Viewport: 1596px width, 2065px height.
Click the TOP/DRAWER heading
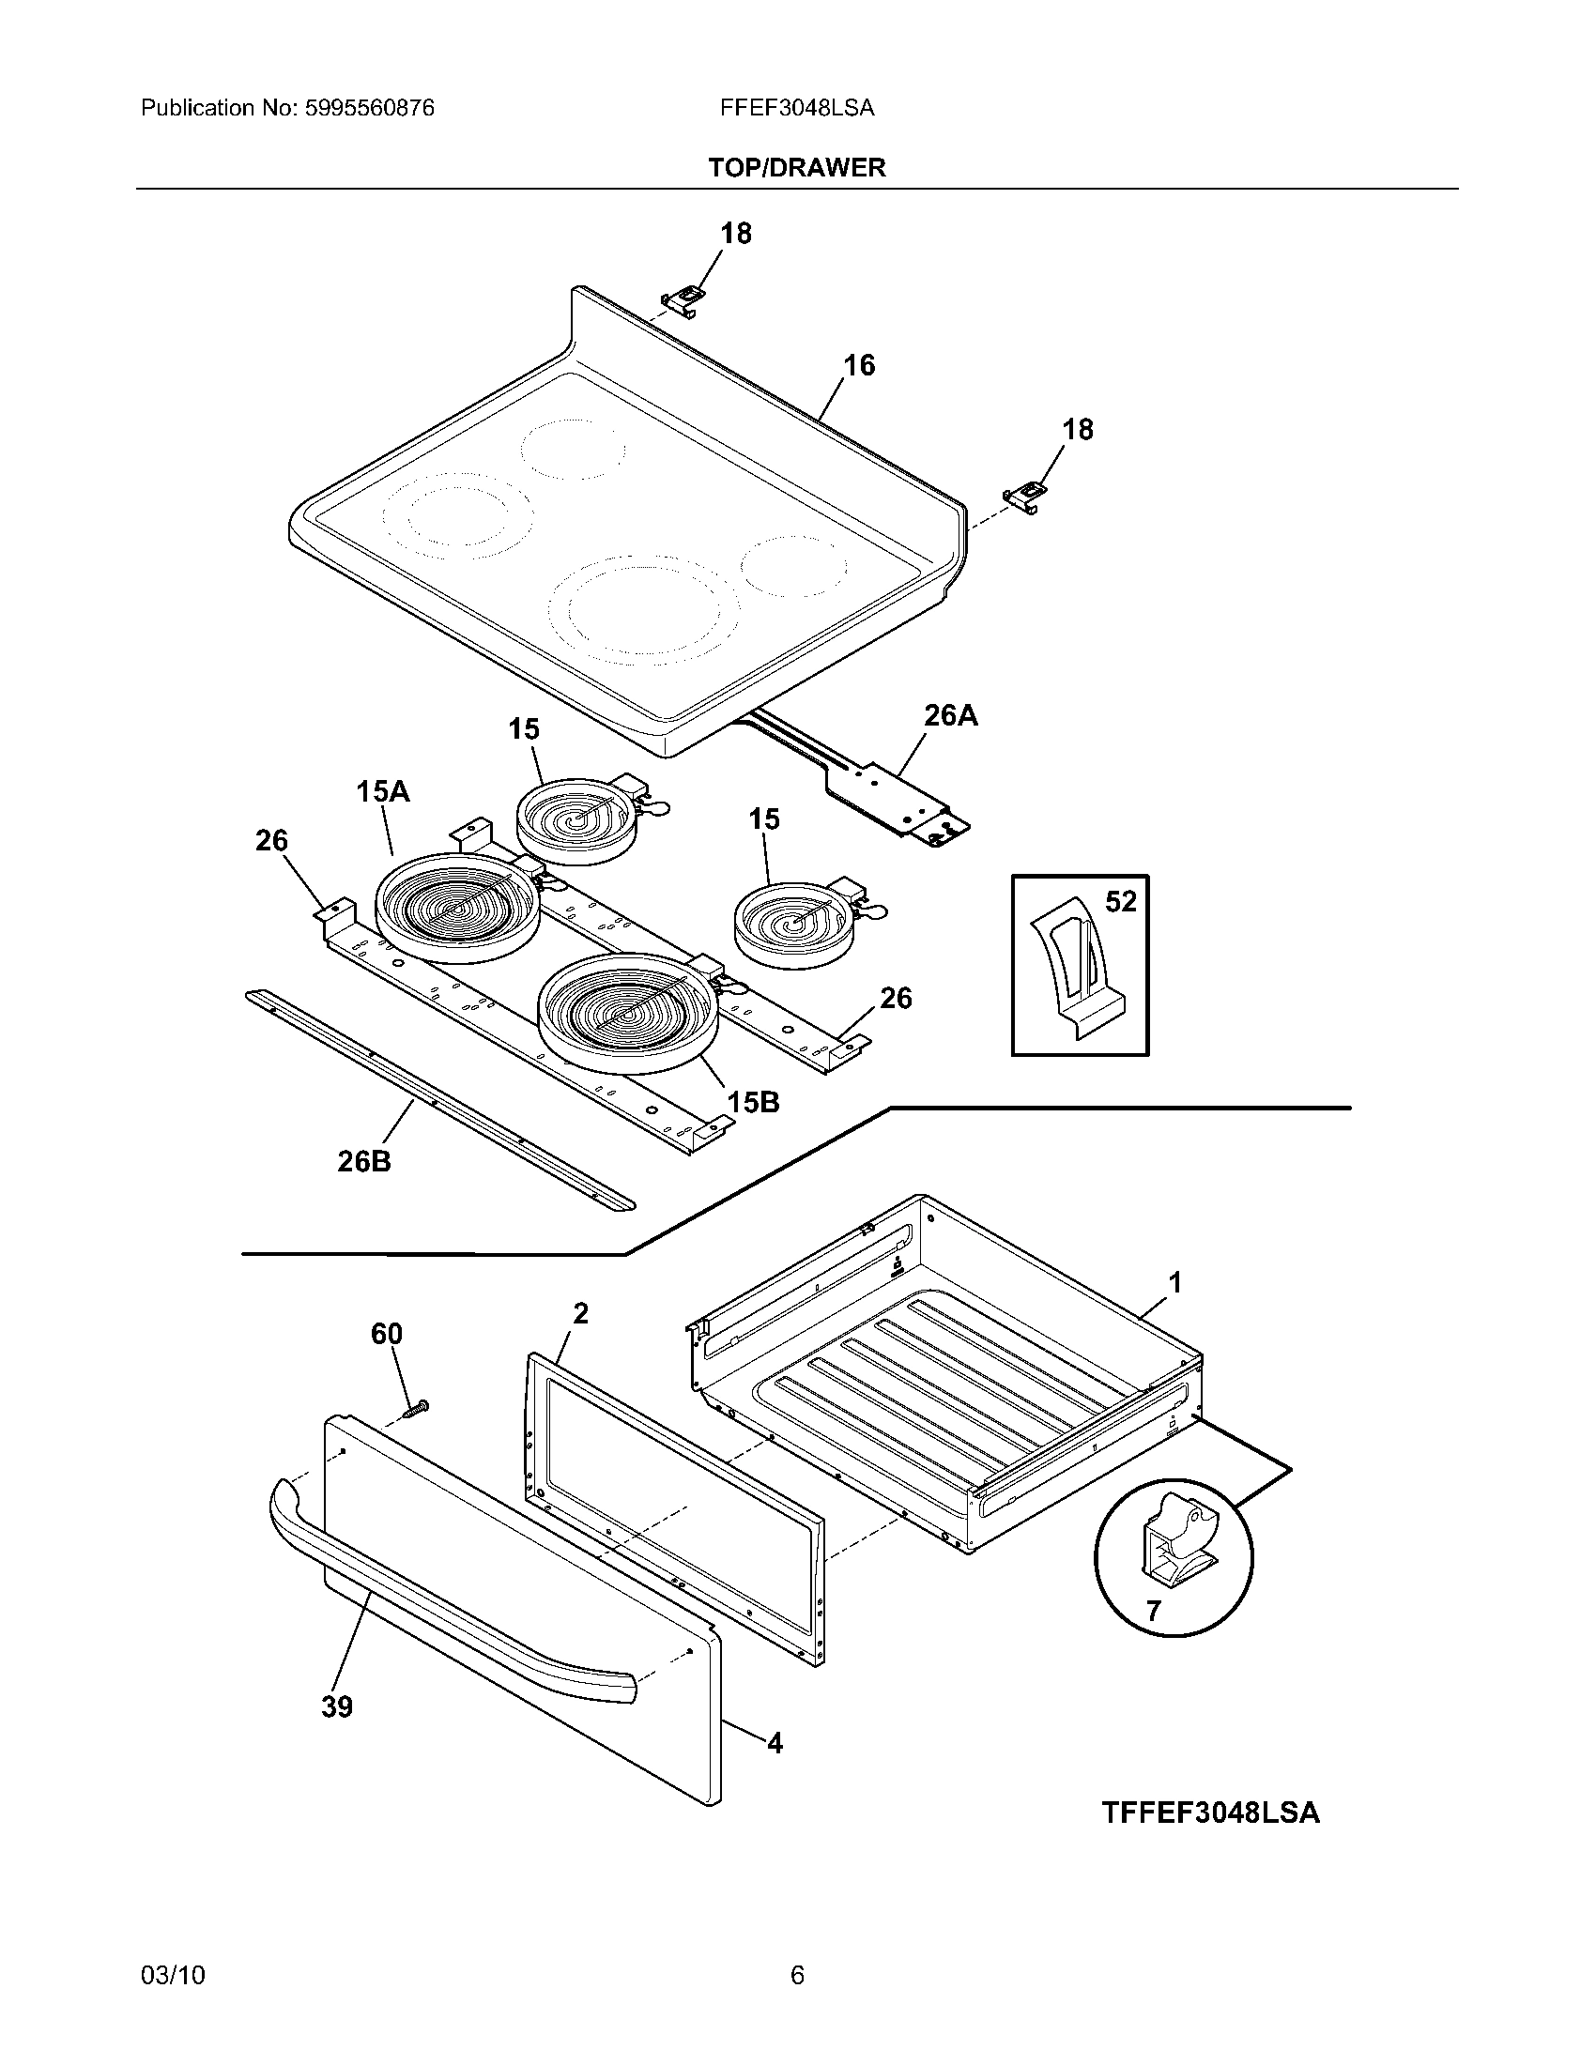pos(796,167)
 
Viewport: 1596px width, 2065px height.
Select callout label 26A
pos(950,716)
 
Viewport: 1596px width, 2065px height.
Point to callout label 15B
pos(753,1102)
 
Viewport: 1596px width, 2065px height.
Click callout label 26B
pos(364,1160)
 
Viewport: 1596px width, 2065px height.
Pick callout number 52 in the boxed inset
pos(1120,902)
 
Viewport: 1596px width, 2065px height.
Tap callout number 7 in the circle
pos(1153,1610)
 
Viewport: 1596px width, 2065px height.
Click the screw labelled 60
pos(415,1410)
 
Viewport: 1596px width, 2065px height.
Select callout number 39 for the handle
pos(337,1706)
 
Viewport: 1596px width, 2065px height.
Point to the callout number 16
pos(858,365)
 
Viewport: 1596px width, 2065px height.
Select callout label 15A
pos(383,790)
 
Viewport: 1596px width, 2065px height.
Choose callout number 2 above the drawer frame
pos(580,1313)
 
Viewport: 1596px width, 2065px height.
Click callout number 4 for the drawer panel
pos(775,1743)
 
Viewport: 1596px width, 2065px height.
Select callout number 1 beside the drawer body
pos(1175,1283)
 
